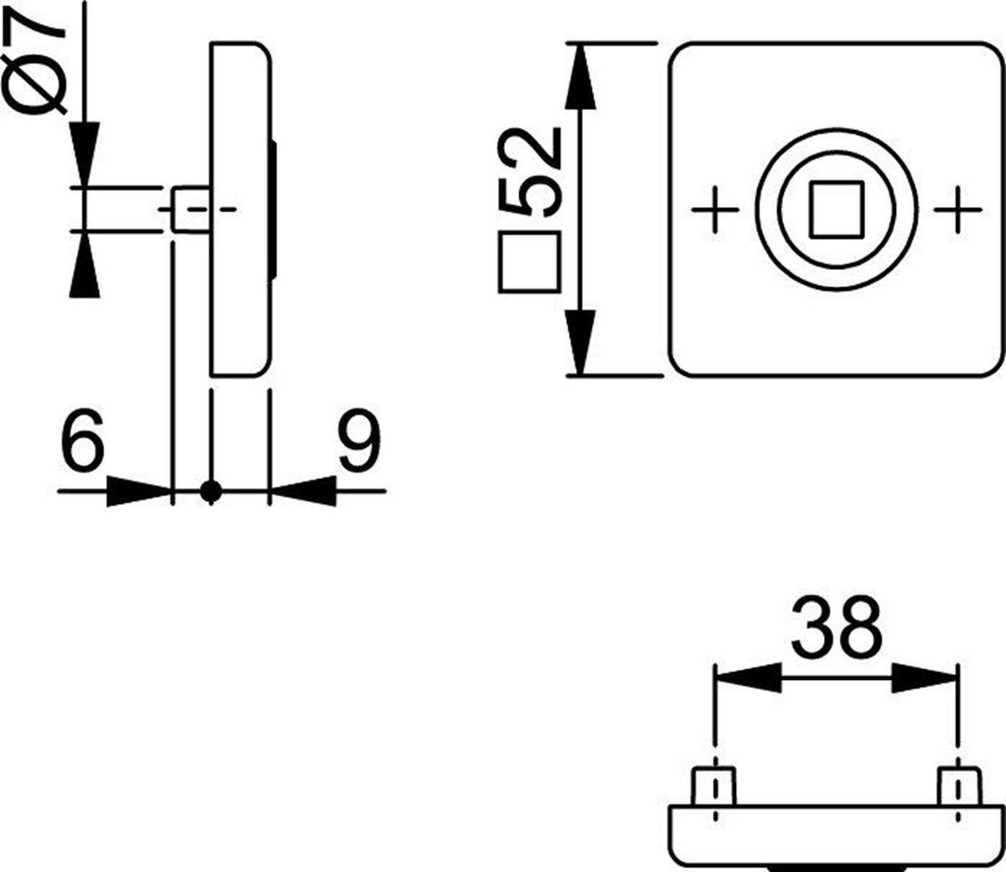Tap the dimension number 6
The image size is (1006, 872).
pyautogui.click(x=83, y=440)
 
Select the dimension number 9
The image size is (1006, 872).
pyautogui.click(x=359, y=440)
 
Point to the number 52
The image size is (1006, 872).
pyautogui.click(x=529, y=171)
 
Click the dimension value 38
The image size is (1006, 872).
pyautogui.click(x=836, y=628)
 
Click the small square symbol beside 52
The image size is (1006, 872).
pyautogui.click(x=530, y=262)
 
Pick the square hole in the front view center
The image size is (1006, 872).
pyautogui.click(x=836, y=210)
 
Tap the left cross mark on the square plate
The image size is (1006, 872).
pyautogui.click(x=715, y=210)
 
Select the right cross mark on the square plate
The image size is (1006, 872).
pyautogui.click(x=957, y=210)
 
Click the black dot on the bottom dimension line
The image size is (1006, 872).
pyautogui.click(x=210, y=491)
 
